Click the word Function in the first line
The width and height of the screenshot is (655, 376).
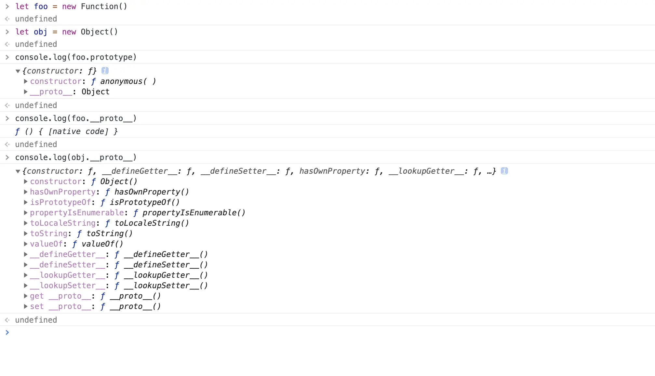pos(100,7)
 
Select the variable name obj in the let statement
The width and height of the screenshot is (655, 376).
pos(40,32)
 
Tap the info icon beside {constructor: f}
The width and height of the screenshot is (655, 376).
pos(105,71)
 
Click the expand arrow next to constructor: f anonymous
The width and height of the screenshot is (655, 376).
pos(26,81)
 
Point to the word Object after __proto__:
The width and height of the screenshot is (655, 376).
pos(95,92)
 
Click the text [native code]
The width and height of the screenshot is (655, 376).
pos(78,131)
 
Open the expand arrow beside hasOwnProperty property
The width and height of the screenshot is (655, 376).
pos(26,192)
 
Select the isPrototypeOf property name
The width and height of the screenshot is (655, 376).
pos(60,202)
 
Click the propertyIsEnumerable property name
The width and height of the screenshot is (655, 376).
pos(77,213)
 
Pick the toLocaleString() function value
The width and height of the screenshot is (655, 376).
pos(152,223)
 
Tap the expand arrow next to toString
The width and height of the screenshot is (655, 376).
pos(26,234)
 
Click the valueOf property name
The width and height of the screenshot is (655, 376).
pos(46,244)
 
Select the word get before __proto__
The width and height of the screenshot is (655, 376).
pos(37,296)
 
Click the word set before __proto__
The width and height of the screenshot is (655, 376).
pos(37,306)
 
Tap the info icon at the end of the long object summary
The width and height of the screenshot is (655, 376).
pos(504,171)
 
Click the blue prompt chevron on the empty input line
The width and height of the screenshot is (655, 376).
pos(7,332)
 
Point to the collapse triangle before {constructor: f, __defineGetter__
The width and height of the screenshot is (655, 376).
pos(18,171)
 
